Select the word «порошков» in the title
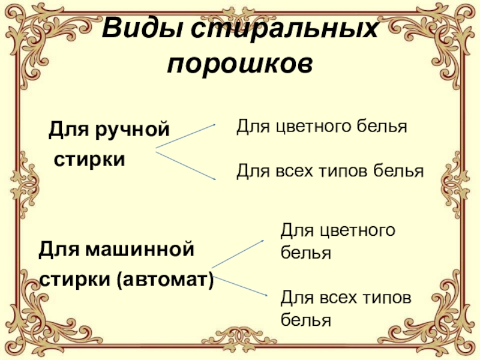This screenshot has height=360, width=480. pos(240,62)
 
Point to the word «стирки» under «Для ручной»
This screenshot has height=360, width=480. pos(90,160)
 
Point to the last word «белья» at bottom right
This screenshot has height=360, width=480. pos(306,320)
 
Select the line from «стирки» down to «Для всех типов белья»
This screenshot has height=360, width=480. pos(186,166)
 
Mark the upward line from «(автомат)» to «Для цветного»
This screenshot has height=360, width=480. pos(239,253)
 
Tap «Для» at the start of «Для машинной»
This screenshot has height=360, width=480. pos(55,248)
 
